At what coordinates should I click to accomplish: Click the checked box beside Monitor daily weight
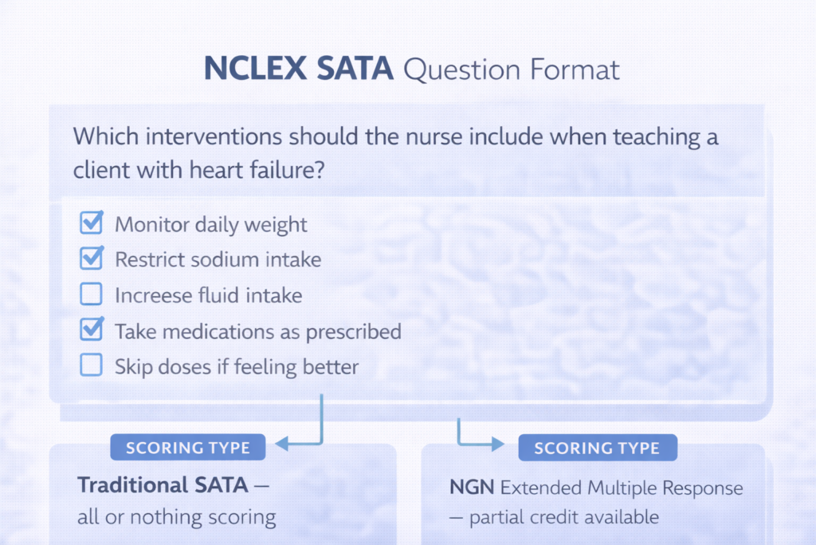point(92,223)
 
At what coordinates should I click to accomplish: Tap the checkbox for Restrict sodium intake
point(92,259)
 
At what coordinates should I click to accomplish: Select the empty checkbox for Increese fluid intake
point(92,294)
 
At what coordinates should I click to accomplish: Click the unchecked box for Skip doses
point(92,366)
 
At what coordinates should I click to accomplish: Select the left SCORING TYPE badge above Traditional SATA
point(187,448)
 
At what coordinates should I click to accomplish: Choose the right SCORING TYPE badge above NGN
point(597,448)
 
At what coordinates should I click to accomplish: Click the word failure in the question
point(281,170)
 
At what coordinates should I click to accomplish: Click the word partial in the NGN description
point(496,517)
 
